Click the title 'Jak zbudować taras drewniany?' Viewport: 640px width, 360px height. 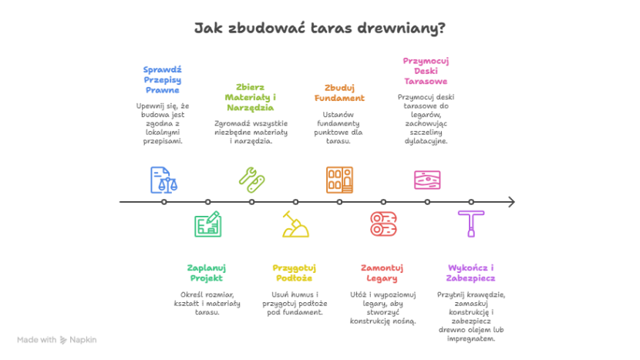(319, 29)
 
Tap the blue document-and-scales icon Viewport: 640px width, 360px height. (163, 180)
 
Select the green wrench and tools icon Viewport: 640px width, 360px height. (251, 179)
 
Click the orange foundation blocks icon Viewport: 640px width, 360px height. (339, 180)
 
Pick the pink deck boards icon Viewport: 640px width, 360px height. (426, 180)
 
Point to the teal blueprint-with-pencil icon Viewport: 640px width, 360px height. (207, 224)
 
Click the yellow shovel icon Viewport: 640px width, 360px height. (295, 224)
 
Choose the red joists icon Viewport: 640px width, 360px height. (383, 224)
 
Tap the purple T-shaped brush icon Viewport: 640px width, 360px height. (470, 223)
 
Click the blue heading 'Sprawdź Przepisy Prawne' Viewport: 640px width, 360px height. (162, 79)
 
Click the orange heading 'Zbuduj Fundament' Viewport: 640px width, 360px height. (339, 93)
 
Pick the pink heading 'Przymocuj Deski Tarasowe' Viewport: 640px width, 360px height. (426, 70)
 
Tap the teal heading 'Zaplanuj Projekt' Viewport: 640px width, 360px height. (207, 273)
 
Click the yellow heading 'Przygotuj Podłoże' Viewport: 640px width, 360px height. (295, 273)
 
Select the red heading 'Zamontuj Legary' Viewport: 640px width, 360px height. (382, 273)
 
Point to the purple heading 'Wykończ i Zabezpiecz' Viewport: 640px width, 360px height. (470, 273)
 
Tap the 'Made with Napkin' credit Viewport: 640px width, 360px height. (57, 339)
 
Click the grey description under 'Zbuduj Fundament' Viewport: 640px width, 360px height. (339, 125)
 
